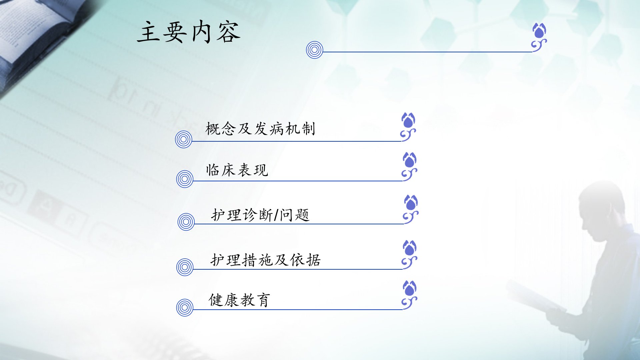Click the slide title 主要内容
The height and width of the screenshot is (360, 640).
[x=189, y=32]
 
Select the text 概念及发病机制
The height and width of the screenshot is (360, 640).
[x=260, y=129]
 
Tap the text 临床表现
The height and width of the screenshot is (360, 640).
[x=237, y=170]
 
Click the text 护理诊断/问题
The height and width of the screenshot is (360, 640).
[x=260, y=215]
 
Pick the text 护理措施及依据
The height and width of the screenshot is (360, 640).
[x=266, y=260]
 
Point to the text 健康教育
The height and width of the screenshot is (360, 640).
[x=239, y=300]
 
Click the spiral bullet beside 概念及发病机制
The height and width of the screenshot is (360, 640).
[x=184, y=139]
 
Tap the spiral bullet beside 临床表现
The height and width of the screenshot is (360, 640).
[x=185, y=179]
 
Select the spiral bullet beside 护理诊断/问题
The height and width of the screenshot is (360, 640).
[x=186, y=222]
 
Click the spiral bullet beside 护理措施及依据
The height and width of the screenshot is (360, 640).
[x=185, y=267]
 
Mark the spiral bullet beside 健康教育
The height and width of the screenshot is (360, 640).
[x=185, y=307]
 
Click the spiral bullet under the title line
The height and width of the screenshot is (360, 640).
[x=315, y=50]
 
